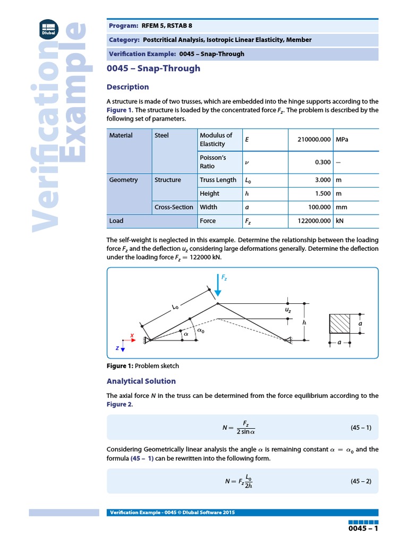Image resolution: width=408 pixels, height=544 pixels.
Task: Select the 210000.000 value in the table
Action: point(311,139)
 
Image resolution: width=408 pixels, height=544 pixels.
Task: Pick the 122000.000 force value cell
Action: point(311,220)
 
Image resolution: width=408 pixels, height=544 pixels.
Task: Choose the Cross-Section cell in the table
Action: point(174,207)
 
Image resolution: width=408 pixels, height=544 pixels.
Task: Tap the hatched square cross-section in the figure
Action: point(340,323)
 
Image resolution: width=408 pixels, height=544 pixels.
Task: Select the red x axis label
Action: point(131,335)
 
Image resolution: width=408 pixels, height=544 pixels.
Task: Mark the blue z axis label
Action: point(117,347)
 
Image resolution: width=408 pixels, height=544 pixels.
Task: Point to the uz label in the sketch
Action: point(288,309)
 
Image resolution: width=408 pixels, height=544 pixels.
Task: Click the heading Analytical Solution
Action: point(141,381)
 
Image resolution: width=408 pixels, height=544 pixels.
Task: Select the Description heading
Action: point(127,87)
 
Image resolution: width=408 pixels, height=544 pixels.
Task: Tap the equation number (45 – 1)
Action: point(360,427)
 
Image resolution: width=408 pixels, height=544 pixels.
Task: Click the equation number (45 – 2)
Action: point(360,481)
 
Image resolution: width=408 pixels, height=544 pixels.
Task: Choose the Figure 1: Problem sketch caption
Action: point(143,366)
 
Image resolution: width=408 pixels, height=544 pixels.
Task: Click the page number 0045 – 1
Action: point(363,530)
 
